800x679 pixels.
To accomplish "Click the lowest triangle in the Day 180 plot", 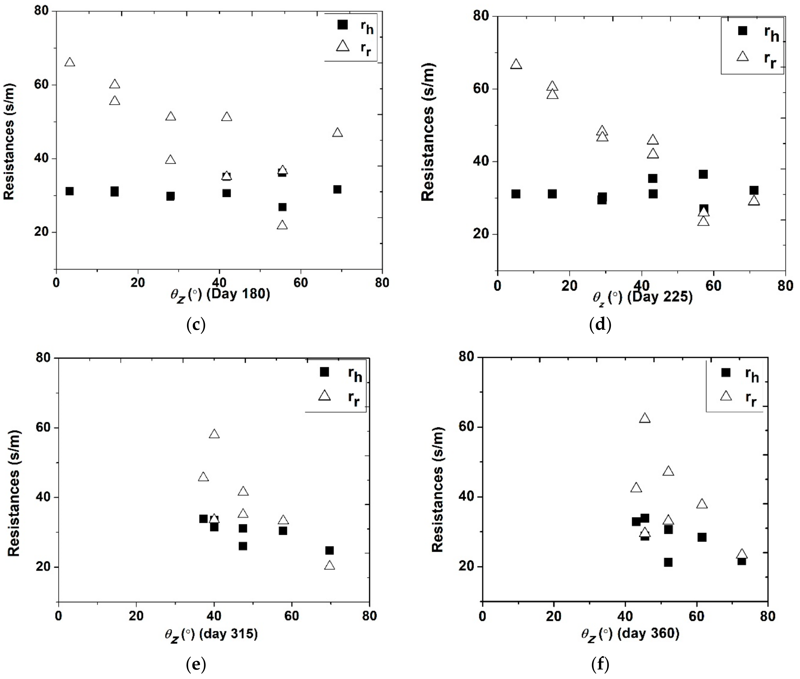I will click(282, 225).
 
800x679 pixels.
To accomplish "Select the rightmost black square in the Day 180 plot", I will click(337, 189).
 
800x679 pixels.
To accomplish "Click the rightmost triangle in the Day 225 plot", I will click(754, 201).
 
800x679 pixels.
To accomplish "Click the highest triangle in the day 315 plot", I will click(214, 434).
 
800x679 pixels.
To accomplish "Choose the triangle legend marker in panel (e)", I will click(324, 396).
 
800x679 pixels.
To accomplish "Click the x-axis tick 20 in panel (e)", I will click(136, 616).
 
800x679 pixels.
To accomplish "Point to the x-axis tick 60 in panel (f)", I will click(696, 616).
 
